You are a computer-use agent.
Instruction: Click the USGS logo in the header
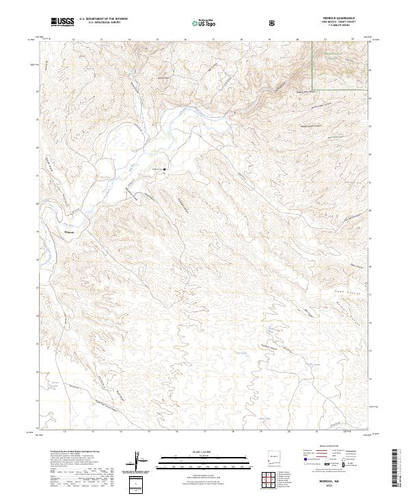pyautogui.click(x=62, y=22)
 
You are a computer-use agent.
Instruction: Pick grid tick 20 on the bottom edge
pyautogui.click(x=288, y=432)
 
